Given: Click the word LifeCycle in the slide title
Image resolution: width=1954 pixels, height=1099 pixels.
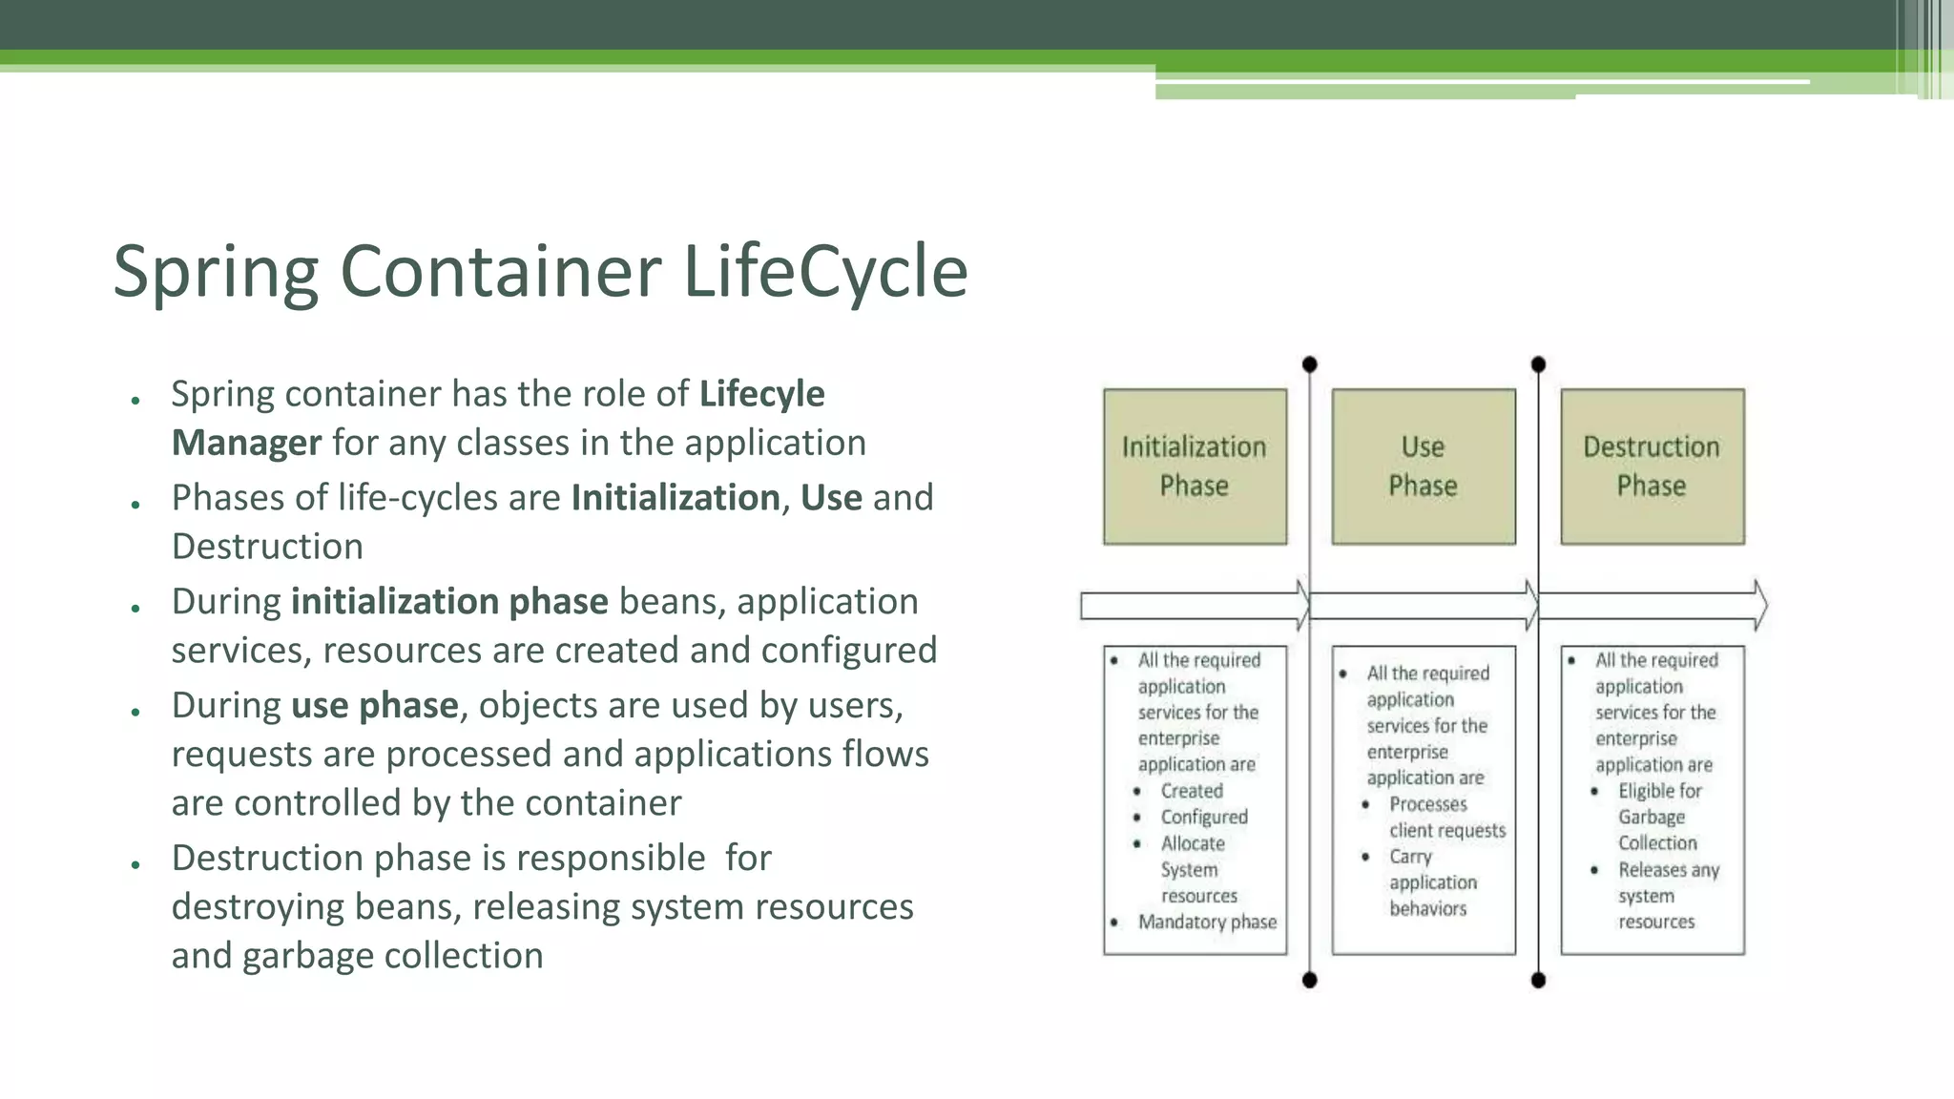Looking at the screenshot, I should point(825,272).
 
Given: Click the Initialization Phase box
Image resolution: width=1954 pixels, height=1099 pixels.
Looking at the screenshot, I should point(1195,467).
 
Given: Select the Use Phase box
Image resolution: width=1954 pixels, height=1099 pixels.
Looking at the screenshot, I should point(1423,467).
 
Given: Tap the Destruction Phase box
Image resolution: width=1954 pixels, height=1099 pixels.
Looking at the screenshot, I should point(1652,467).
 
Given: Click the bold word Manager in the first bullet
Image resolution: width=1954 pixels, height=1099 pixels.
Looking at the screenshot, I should point(246,444).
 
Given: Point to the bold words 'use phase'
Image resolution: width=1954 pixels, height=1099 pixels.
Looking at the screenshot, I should point(374,706).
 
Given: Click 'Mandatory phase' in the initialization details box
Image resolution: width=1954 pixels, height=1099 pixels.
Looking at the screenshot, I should point(1207,923).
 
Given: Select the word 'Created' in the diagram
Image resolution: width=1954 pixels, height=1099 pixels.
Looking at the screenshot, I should point(1192,791).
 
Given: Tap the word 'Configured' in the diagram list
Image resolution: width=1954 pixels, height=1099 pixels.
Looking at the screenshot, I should point(1204,818).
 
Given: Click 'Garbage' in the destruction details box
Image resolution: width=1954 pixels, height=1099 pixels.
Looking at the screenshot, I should point(1651,818).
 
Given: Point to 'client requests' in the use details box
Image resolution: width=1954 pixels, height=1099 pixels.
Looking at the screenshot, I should point(1447,831).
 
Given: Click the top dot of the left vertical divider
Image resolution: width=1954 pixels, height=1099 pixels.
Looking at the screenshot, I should point(1309,364).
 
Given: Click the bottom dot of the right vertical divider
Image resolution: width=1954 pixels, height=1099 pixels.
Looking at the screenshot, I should point(1538,980).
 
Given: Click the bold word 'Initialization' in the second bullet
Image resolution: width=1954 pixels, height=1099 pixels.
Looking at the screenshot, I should point(676,498).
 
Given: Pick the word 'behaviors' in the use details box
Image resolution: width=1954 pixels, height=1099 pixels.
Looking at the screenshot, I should point(1427,909).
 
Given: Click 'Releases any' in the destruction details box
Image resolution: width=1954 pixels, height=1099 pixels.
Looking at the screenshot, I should point(1668,870).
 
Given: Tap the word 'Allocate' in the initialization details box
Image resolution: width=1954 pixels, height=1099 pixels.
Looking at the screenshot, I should point(1193,843).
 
